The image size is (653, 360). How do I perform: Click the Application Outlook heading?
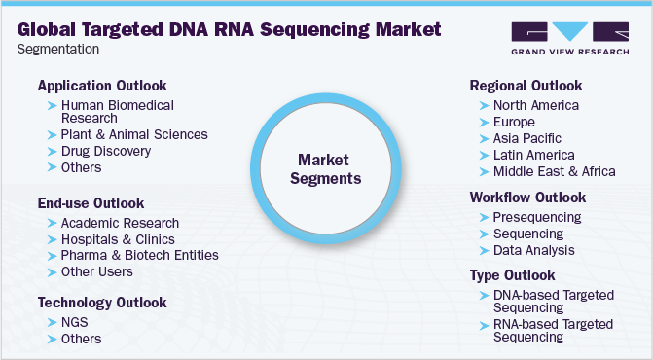(x=102, y=85)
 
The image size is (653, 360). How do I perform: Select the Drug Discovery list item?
(x=105, y=151)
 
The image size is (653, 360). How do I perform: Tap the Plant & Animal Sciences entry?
(x=134, y=134)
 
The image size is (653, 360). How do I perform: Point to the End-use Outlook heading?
(x=91, y=203)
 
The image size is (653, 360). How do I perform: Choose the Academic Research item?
(x=119, y=223)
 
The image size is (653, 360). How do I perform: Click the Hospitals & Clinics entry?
(x=117, y=238)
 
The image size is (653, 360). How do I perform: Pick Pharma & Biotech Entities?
(x=139, y=255)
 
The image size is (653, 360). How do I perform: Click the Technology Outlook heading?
(x=102, y=303)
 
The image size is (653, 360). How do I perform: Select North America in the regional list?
(x=535, y=105)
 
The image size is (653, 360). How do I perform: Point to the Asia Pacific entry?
(x=526, y=138)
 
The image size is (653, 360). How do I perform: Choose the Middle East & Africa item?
(x=554, y=171)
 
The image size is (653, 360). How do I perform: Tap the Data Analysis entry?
(x=533, y=250)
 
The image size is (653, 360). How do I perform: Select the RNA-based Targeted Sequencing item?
(x=552, y=330)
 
